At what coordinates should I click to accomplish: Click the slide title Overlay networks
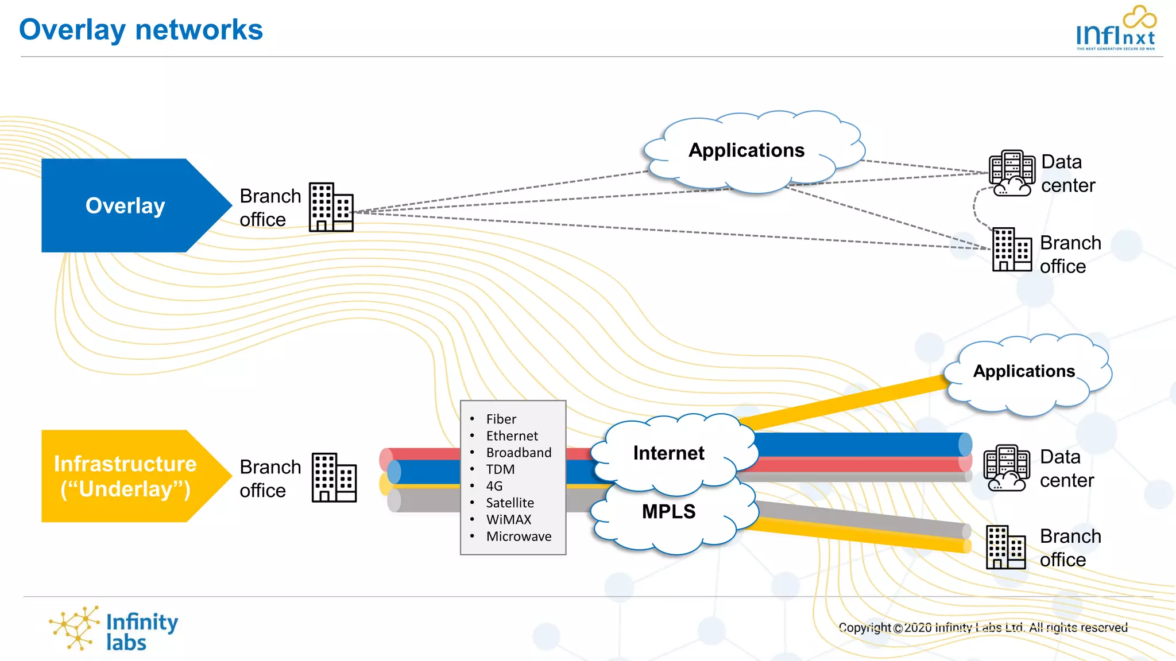point(141,30)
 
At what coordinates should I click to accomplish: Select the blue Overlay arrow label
point(125,205)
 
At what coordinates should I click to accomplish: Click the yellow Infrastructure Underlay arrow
point(125,476)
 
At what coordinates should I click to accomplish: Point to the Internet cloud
point(669,453)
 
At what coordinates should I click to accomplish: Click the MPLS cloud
point(669,512)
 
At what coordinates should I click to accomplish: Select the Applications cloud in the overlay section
point(746,150)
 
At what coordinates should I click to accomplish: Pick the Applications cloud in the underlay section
point(1024,372)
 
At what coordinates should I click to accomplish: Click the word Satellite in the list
point(510,503)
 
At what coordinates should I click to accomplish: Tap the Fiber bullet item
point(501,419)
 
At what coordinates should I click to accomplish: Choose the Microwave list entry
point(519,536)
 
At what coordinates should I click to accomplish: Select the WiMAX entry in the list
point(509,520)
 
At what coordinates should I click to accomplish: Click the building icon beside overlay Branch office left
point(331,207)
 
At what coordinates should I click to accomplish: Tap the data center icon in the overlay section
point(1012,173)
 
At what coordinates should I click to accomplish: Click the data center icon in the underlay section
point(1007,468)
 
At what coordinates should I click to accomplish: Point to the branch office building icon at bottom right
point(1005,547)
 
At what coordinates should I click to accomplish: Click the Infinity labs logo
point(114,630)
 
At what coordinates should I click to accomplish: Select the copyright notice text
point(983,628)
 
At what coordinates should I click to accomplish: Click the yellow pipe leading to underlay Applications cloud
point(844,403)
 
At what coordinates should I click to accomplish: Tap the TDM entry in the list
point(500,469)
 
